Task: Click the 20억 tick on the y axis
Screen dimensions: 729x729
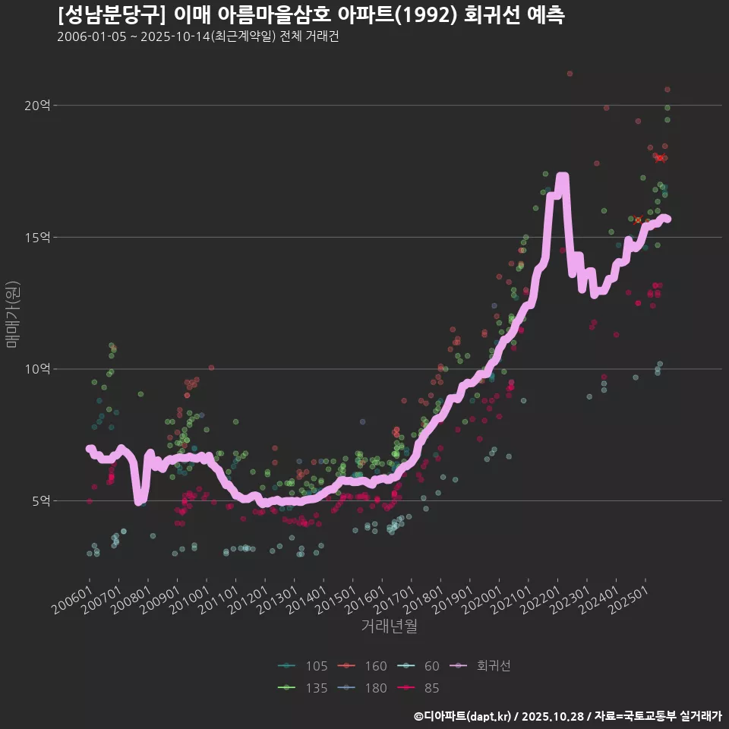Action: (x=37, y=106)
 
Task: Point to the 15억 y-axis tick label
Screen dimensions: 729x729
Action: (x=37, y=238)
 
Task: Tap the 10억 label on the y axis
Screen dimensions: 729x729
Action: (x=37, y=369)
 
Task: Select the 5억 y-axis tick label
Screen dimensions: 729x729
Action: (x=40, y=501)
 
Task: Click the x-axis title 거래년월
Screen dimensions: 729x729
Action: (x=389, y=626)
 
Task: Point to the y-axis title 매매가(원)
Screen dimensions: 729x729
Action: (x=12, y=314)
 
